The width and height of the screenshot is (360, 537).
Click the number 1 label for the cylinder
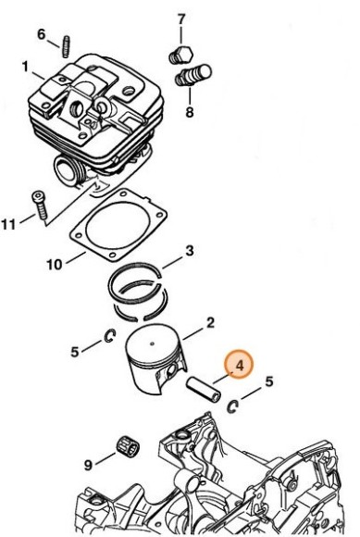tap(26, 67)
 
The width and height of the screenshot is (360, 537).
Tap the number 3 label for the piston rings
tap(189, 251)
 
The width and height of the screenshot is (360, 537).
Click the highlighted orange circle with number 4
tap(239, 366)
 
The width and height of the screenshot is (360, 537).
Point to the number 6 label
tap(41, 34)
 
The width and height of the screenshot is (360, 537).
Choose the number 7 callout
tap(181, 19)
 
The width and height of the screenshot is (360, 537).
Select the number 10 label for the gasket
tap(54, 264)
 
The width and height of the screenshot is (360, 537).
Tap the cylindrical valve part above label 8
tap(198, 73)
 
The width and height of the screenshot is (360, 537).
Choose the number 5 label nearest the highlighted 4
tap(269, 381)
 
